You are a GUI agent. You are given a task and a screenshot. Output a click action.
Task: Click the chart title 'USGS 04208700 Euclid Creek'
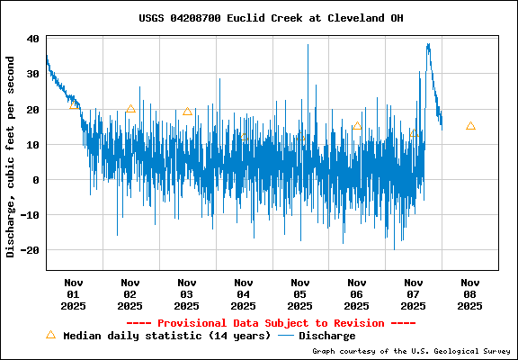259,17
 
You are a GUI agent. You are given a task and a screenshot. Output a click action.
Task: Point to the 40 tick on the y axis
31,39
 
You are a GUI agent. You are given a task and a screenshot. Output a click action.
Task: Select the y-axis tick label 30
31,74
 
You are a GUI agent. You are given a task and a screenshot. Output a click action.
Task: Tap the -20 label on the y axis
29,250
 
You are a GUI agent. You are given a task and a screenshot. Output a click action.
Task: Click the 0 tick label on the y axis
35,180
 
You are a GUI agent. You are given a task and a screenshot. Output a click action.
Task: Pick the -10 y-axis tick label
29,215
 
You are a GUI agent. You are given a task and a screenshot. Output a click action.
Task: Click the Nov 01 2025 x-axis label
74,293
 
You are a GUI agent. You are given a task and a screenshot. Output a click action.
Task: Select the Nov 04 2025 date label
244,293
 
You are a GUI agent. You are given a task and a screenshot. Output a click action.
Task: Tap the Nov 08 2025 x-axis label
469,293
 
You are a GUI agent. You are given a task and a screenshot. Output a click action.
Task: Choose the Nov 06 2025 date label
357,293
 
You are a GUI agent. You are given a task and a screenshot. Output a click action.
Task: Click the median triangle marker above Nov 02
130,109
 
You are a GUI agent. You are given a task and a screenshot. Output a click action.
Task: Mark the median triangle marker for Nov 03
187,112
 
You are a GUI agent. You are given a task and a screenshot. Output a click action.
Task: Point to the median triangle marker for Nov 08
470,126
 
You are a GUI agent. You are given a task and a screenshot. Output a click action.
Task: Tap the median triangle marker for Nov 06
357,126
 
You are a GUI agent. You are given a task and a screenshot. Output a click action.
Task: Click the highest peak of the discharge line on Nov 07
428,44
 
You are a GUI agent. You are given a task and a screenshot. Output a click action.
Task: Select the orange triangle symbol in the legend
50,335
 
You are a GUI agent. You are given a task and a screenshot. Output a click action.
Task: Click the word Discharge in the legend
326,336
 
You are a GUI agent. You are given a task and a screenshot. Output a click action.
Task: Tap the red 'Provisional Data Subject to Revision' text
271,322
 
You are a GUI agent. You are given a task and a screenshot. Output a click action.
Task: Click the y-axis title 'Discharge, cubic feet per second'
11,157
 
